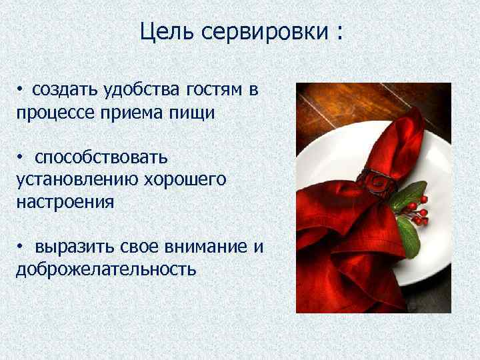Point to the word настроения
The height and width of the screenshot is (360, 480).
pyautogui.click(x=65, y=202)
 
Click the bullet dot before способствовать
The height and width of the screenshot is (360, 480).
pyautogui.click(x=21, y=157)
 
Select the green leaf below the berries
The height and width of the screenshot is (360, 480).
pyautogui.click(x=408, y=237)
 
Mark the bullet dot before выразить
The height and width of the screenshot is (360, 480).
pyautogui.click(x=21, y=247)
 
